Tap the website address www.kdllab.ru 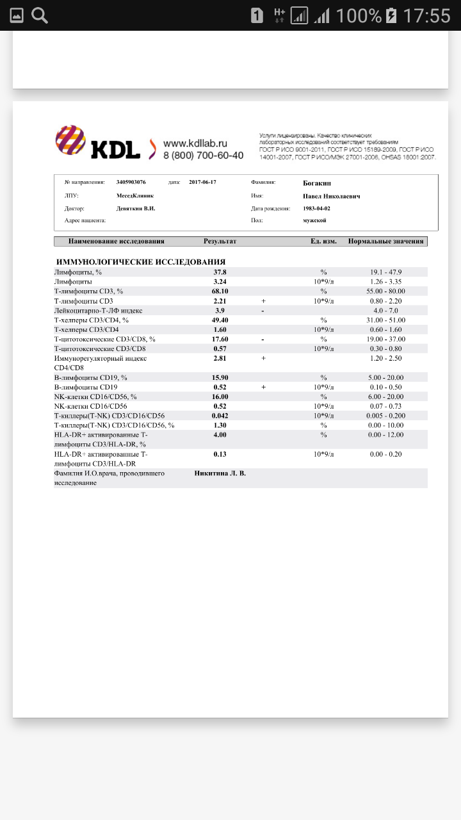point(195,143)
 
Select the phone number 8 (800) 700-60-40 point(203,155)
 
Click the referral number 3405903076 point(131,182)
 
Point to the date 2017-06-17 point(203,182)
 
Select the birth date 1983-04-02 point(316,208)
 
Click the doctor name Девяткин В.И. point(136,208)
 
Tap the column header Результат point(220,242)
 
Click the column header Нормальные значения point(386,242)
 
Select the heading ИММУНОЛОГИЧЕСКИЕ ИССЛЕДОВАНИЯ point(141,262)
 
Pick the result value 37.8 point(220,272)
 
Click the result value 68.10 point(220,291)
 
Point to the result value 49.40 point(220,320)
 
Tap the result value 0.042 point(220,416)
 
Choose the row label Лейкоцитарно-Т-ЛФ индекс point(98,311)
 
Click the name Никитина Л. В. point(220,473)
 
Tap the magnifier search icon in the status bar point(40,15)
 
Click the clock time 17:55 point(427,15)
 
